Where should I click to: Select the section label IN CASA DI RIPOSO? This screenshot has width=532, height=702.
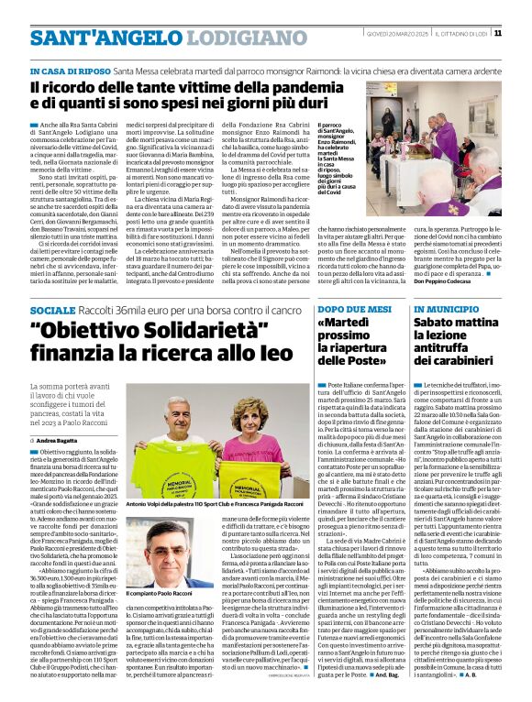point(71,71)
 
